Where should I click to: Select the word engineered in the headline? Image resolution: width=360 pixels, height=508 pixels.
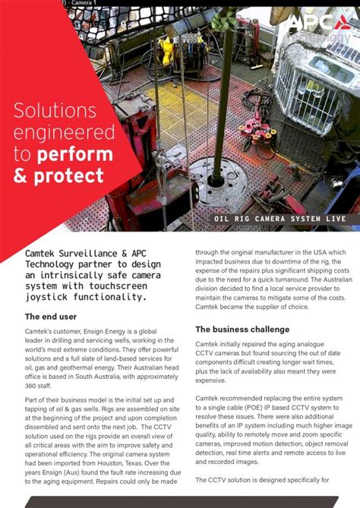(x=61, y=134)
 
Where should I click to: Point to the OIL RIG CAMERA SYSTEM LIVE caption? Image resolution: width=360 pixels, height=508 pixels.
(x=279, y=219)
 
